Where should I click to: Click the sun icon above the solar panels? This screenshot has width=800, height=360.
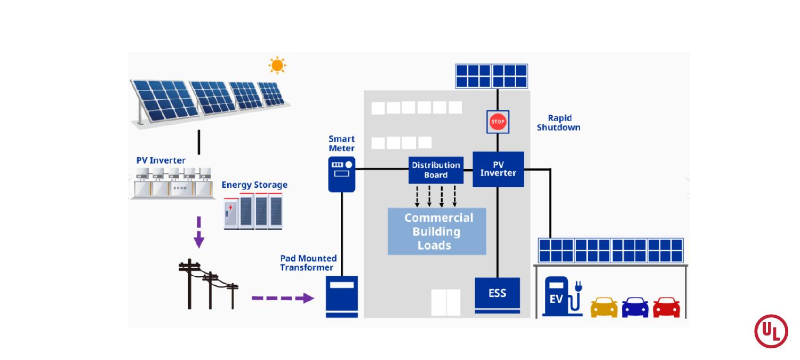coord(277,66)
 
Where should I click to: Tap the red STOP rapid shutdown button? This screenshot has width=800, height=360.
coord(498,122)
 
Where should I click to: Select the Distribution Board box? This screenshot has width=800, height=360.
coord(436,170)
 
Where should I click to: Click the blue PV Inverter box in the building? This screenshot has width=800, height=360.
coord(498,169)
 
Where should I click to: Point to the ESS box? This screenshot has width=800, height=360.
coord(497,295)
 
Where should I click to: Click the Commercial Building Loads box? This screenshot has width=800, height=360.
coord(437,231)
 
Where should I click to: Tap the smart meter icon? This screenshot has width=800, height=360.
coord(342,174)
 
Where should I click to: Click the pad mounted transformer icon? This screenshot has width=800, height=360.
coord(342,297)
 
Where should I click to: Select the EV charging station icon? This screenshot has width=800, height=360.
coord(562,297)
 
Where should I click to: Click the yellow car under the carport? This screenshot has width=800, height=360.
coord(604,307)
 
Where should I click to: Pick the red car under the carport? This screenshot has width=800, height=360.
coord(667,307)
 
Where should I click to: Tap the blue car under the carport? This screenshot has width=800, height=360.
coord(635,307)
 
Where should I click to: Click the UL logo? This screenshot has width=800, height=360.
coord(771,331)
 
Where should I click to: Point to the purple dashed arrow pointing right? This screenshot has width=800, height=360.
coord(283,298)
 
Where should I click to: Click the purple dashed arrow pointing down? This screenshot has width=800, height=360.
coord(199,232)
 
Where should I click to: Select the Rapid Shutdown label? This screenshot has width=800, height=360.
coord(558,123)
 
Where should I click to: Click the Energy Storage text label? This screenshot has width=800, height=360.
coord(254,185)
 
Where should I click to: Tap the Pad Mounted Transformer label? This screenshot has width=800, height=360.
coord(308,263)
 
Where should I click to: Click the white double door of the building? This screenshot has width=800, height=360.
coord(446,302)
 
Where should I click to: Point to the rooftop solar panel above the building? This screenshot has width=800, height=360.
coord(491,76)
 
